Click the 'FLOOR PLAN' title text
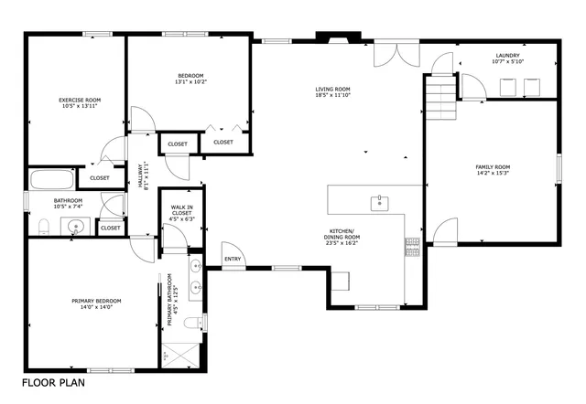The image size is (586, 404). pos(55,383)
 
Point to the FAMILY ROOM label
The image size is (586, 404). pos(493,166)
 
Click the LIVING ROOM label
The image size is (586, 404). pos(333,89)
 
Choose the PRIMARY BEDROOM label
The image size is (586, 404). pos(97,301)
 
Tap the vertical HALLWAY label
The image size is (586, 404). pos(141,175)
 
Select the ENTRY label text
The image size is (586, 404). pos(233,259)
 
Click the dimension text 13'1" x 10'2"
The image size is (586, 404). pos(190,82)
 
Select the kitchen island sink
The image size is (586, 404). pos(377,202)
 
